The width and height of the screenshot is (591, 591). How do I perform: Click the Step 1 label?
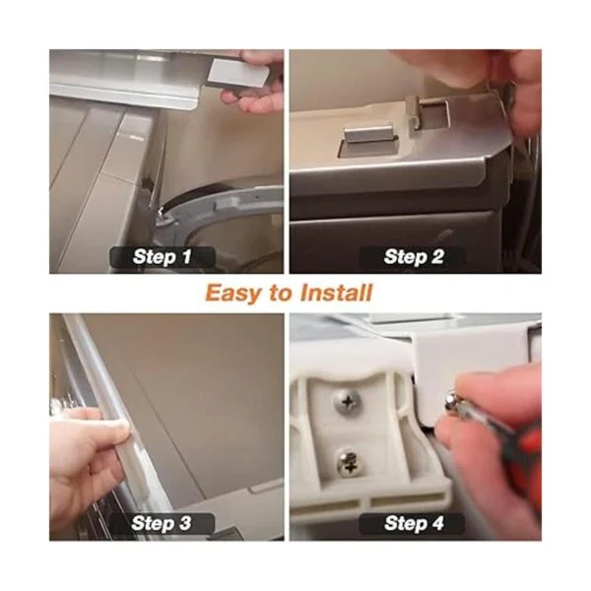click(163, 257)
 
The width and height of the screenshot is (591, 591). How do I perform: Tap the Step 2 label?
click(414, 257)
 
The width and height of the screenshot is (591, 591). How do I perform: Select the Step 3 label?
click(162, 523)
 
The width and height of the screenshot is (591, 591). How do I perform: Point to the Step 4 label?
click(414, 523)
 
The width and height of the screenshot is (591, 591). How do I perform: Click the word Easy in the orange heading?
click(232, 294)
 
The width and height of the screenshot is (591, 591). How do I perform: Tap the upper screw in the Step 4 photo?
click(348, 402)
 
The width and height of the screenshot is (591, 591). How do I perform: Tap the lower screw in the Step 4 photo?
click(348, 463)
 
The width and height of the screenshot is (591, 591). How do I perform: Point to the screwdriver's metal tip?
click(451, 402)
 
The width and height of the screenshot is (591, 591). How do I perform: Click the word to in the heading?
click(281, 294)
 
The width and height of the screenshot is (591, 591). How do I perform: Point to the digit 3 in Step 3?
click(185, 524)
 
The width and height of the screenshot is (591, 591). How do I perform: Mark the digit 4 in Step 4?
click(437, 524)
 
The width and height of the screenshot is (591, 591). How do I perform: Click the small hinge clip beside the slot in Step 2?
click(413, 110)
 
